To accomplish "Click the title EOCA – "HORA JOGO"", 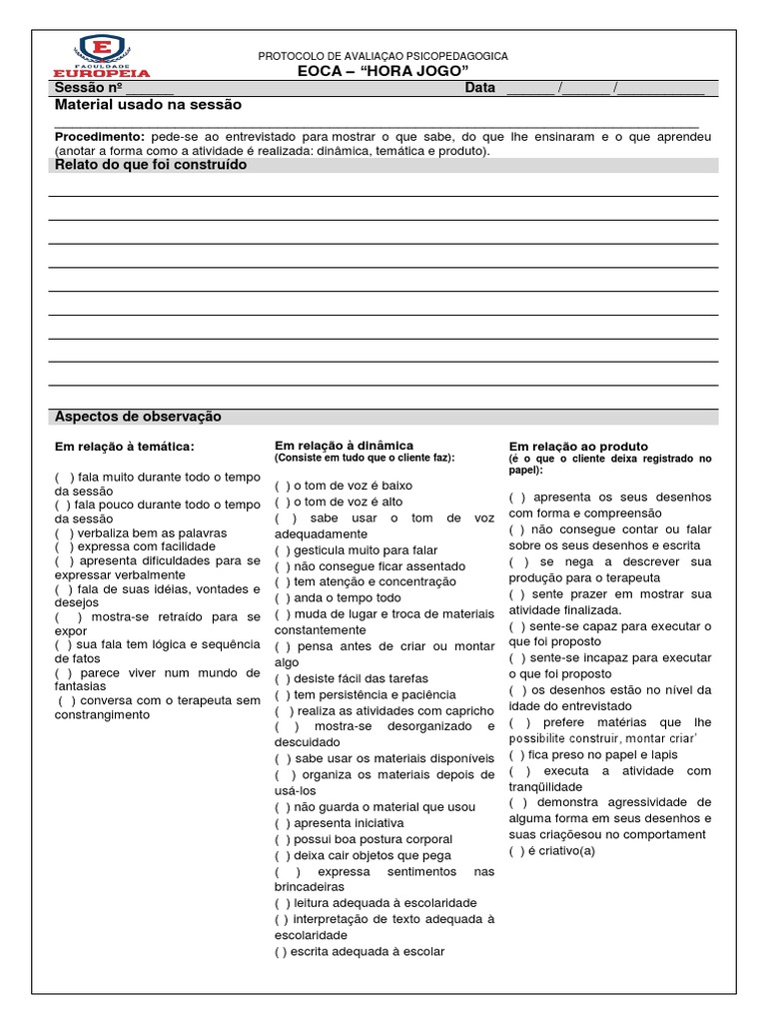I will click(x=383, y=72).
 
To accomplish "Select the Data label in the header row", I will click(x=479, y=88).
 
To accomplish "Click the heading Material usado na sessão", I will click(x=148, y=105).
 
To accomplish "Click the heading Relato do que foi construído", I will click(x=150, y=165).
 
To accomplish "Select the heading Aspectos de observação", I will click(x=138, y=417).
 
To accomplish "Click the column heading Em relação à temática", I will click(x=124, y=446).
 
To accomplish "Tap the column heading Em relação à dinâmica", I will click(x=344, y=445).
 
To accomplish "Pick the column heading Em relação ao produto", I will click(x=578, y=446).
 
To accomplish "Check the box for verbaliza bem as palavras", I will click(x=62, y=532).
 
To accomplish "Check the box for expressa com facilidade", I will click(x=64, y=546).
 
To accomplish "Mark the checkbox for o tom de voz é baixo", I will click(x=282, y=486).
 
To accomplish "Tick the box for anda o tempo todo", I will click(x=282, y=597).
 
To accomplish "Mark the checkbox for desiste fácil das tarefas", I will click(x=282, y=678).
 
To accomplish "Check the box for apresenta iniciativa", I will click(x=282, y=823).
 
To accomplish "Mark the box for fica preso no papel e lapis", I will click(x=515, y=754).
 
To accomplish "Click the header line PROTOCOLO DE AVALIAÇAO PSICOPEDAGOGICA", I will click(x=383, y=57).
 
